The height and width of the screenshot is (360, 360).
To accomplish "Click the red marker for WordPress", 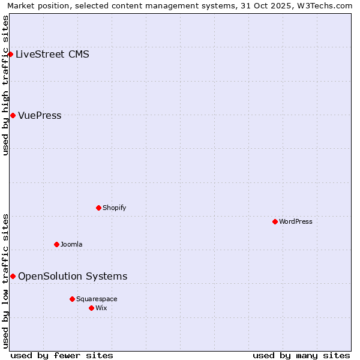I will click(x=275, y=221).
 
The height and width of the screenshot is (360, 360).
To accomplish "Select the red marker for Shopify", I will click(x=99, y=208).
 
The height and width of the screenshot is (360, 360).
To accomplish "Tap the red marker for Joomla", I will click(x=56, y=244).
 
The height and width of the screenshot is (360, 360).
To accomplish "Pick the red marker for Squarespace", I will click(x=72, y=299).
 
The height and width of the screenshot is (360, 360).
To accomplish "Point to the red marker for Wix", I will click(x=91, y=308).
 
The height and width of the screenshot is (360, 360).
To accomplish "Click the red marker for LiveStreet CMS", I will click(x=10, y=55).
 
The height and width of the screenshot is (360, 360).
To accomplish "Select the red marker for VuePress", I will click(x=13, y=115).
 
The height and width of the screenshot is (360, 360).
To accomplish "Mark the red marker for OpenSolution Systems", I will click(x=13, y=276).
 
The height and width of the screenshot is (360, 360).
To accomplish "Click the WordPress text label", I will click(x=296, y=221).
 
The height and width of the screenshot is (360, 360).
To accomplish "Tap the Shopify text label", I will click(x=114, y=208).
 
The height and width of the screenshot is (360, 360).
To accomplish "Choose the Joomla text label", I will click(x=71, y=244).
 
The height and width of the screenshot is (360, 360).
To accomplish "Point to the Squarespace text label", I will click(x=97, y=299).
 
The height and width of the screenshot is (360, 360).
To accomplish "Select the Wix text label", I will click(x=101, y=308).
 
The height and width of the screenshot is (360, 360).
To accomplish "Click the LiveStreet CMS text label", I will click(x=52, y=55).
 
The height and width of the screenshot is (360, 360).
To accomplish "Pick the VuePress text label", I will click(x=40, y=115).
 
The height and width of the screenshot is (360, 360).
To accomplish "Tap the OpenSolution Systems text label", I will click(x=73, y=276).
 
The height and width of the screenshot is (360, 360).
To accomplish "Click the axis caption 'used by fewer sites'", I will click(x=62, y=355).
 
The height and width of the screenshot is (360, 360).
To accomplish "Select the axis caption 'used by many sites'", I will click(x=301, y=355).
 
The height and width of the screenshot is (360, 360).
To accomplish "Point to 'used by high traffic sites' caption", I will click(x=6, y=85).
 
